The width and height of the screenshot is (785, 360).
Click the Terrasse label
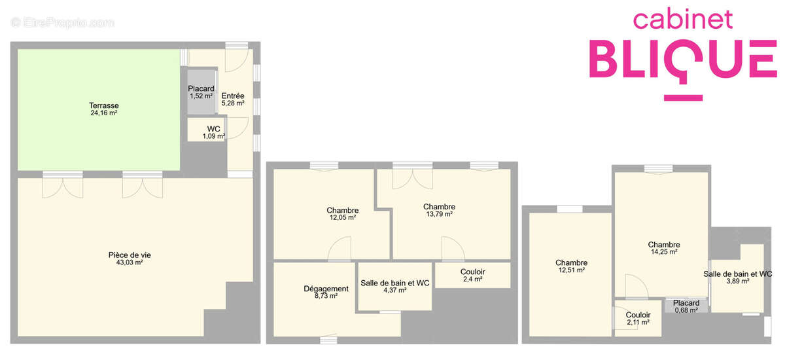point(104,105)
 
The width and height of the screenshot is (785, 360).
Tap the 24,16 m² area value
point(104,113)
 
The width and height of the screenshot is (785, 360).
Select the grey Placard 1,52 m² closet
point(201,92)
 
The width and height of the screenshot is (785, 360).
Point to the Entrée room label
point(233,96)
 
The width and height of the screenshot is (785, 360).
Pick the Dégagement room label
point(326,289)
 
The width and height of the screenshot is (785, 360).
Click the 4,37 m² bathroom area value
point(394,291)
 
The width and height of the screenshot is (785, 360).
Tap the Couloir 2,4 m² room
point(472,275)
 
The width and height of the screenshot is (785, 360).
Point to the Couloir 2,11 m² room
point(638,318)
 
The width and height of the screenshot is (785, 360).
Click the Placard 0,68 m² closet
point(686,306)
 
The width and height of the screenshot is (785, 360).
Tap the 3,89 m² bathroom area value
point(737,281)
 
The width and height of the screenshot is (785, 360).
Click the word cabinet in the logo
point(683,20)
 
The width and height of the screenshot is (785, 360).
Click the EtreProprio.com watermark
point(63,23)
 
